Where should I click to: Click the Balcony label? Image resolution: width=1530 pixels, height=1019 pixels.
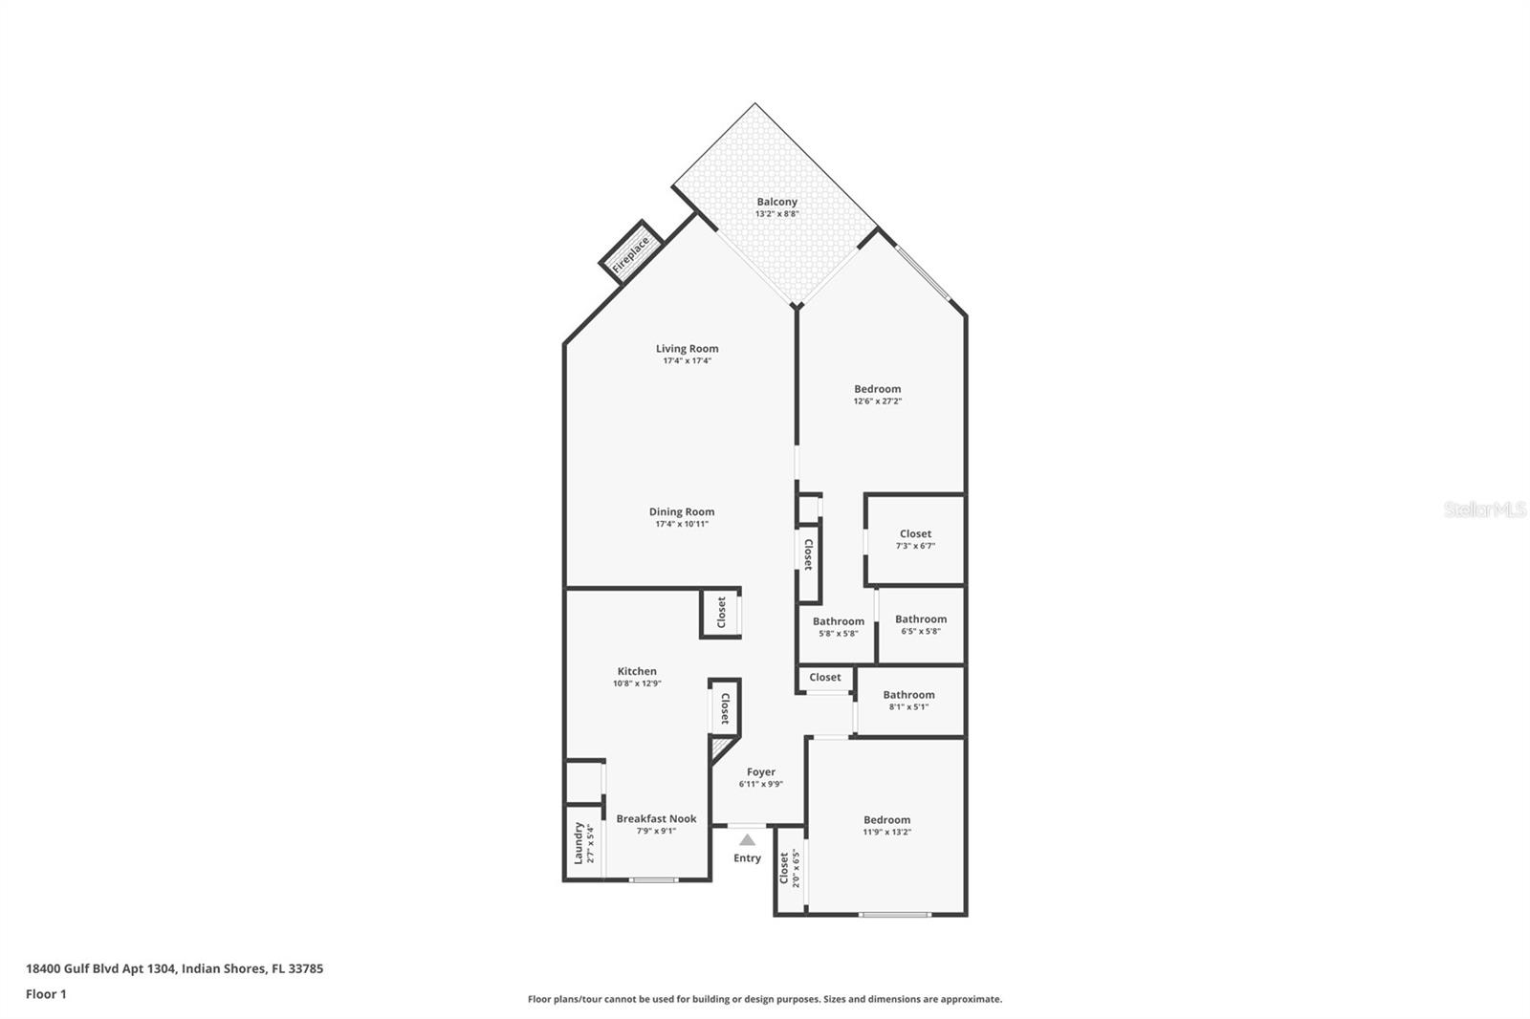click(776, 202)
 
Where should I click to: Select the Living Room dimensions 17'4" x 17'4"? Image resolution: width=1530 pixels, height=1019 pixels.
click(688, 361)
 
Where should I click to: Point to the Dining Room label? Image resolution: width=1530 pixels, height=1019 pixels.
click(681, 511)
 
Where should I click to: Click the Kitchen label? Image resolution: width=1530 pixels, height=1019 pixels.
click(637, 671)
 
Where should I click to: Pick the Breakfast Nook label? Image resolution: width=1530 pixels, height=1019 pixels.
click(656, 818)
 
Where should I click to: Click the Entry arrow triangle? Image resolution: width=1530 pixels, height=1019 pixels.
click(747, 840)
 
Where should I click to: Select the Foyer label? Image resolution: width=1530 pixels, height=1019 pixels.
click(761, 771)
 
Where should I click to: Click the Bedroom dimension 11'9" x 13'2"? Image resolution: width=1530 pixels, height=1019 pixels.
click(886, 833)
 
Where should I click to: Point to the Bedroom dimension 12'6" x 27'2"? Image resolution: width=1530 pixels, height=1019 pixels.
click(877, 401)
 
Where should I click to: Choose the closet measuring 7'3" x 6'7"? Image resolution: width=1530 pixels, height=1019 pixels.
click(915, 539)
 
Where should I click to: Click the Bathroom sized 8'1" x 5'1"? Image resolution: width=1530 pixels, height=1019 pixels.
click(908, 701)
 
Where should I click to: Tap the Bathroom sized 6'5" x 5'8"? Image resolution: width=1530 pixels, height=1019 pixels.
click(921, 624)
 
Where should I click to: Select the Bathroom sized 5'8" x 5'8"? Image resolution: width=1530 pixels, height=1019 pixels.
click(838, 626)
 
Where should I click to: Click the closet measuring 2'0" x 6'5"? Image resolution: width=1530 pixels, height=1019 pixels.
click(789, 868)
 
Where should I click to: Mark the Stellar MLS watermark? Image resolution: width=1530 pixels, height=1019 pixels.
click(1484, 510)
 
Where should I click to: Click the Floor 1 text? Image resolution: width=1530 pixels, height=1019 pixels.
click(46, 994)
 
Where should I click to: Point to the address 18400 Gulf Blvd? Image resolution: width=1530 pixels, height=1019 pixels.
click(174, 968)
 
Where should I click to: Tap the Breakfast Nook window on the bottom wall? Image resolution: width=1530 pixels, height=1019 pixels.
click(654, 879)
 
